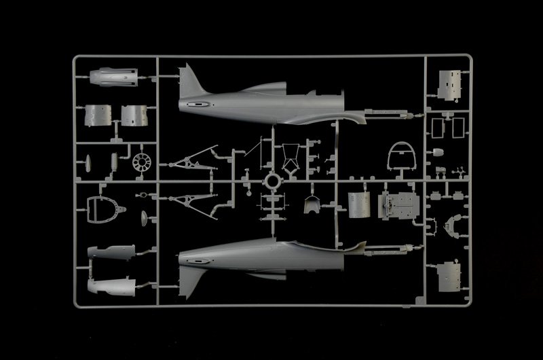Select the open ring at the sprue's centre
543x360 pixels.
pyautogui.click(x=271, y=181)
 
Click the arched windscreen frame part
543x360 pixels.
pyautogui.click(x=400, y=157)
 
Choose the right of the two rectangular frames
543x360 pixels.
pyautogui.click(x=457, y=127)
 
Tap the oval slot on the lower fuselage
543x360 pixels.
pyautogui.click(x=195, y=259)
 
